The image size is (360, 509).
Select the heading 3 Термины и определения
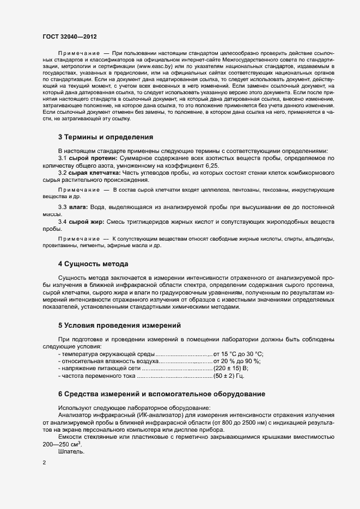pos(106,137)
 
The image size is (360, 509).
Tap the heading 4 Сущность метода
pos(93,264)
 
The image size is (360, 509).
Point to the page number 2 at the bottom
pos(44,463)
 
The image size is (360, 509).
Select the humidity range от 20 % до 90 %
pos(237,361)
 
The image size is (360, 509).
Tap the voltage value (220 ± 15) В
pos(231,369)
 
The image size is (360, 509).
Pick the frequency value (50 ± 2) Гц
pos(229,376)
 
